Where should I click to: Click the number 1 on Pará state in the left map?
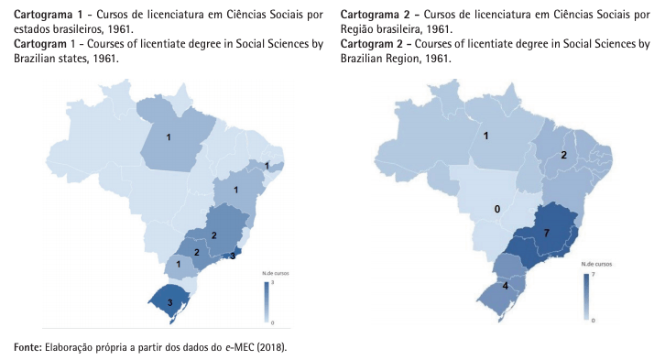(x=169, y=137)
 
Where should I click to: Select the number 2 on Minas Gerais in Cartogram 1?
(x=214, y=235)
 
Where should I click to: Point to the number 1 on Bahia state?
(x=236, y=190)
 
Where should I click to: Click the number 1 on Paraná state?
(x=178, y=265)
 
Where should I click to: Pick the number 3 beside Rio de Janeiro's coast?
(x=233, y=256)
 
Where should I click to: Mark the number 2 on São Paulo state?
(x=196, y=252)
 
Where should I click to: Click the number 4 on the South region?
(x=506, y=285)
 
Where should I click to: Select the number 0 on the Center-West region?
(x=497, y=209)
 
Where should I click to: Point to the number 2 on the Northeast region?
(x=564, y=155)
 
